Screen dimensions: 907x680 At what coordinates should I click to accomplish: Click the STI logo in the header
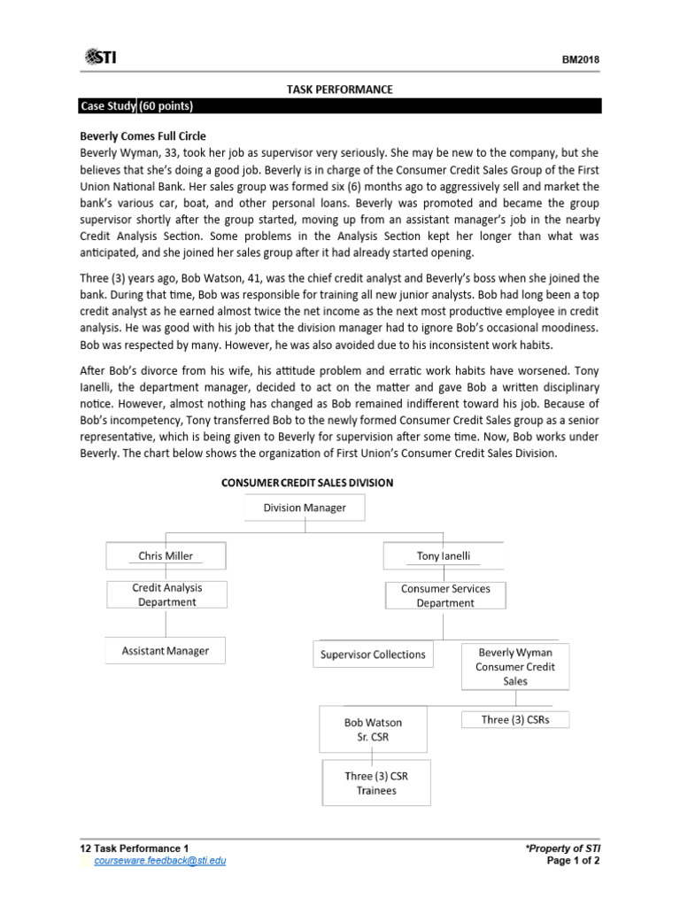pos(100,58)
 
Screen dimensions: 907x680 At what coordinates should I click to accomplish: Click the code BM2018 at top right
pos(580,60)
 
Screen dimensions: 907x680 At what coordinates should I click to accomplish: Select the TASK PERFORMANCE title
pos(339,89)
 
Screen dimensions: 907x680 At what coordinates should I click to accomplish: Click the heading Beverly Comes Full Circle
pos(143,136)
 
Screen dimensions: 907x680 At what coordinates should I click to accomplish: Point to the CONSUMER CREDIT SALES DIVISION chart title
pos(306,483)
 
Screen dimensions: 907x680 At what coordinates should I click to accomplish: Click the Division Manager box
pos(305,508)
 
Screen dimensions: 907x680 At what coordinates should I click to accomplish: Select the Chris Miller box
pos(166,556)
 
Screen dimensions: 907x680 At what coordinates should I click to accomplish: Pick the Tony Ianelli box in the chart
pos(444,556)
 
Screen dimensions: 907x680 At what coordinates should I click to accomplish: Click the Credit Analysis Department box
pos(166,594)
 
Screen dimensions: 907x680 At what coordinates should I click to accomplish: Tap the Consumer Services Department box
pos(445,595)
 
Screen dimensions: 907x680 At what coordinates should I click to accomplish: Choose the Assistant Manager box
pos(165,651)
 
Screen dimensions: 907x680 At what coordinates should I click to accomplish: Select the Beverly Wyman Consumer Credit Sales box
pos(514,666)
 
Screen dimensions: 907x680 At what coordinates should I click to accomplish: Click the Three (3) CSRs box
pos(514,719)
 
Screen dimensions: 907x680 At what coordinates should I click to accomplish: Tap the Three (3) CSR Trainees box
pos(376,783)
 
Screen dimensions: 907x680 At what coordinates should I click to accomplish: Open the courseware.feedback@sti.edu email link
pos(153,860)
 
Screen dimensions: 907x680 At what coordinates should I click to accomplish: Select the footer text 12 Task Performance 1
pos(134,848)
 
